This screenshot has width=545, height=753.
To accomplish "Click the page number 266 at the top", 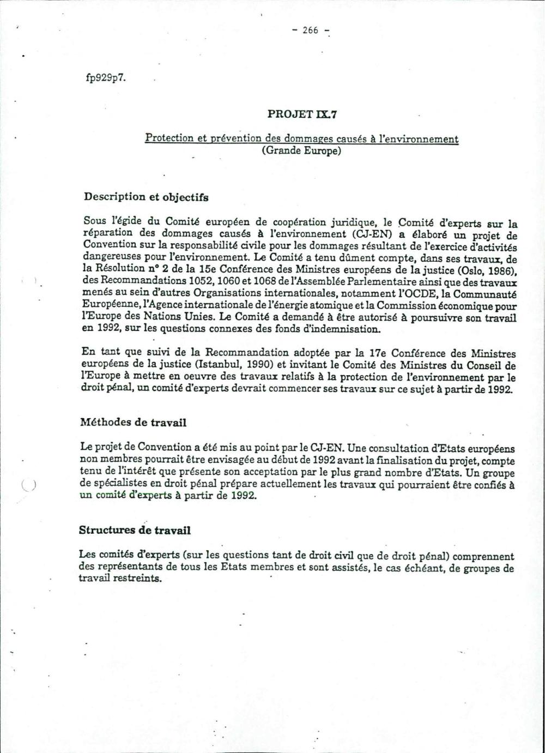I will pos(310,31).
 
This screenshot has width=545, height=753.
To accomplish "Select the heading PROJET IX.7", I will pos(302,114).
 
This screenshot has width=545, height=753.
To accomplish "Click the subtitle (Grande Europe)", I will pos(301,150).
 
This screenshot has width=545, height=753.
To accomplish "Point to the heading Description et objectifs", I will pos(146,197).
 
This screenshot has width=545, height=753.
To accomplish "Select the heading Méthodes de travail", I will pos(133,422).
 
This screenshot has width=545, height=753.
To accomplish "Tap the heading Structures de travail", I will pos(135,530).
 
